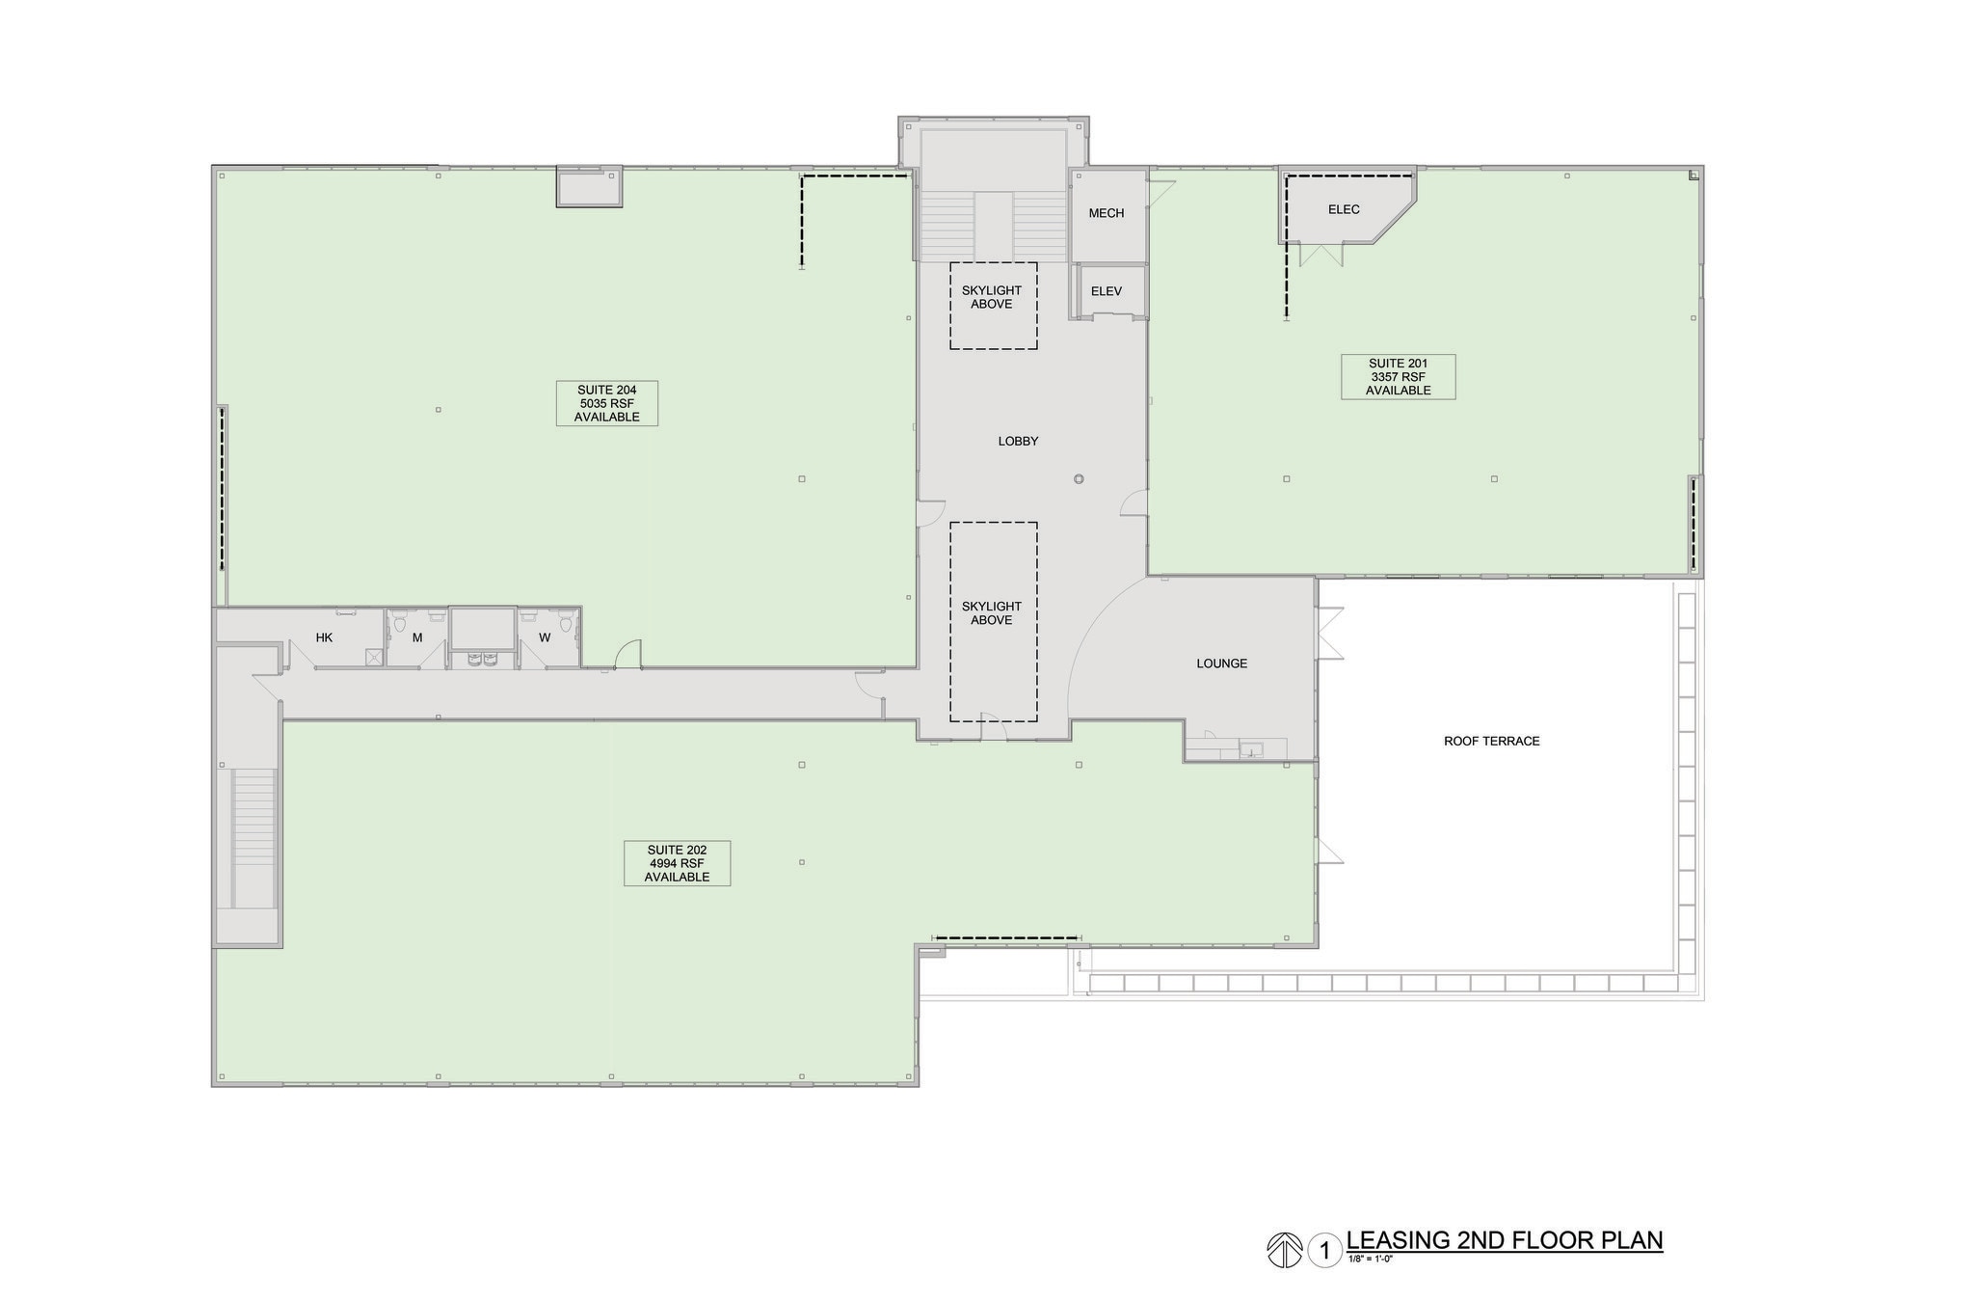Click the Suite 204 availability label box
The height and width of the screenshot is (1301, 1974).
pyautogui.click(x=606, y=403)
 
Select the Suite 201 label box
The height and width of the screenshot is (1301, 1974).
pyautogui.click(x=1398, y=377)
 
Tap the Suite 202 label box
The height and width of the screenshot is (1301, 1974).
pyautogui.click(x=677, y=863)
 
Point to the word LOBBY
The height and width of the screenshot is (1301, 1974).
pyautogui.click(x=1018, y=442)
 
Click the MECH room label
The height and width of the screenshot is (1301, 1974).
pyautogui.click(x=1107, y=213)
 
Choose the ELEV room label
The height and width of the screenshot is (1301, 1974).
pyautogui.click(x=1107, y=291)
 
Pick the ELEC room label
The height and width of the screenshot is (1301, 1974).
pyautogui.click(x=1344, y=209)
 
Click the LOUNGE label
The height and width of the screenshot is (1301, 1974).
pyautogui.click(x=1221, y=664)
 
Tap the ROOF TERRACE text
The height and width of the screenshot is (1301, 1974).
pyautogui.click(x=1491, y=742)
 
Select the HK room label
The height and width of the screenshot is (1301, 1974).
pyautogui.click(x=324, y=637)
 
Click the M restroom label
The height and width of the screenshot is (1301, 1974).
pyautogui.click(x=417, y=637)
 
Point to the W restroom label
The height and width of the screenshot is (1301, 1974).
pyautogui.click(x=545, y=637)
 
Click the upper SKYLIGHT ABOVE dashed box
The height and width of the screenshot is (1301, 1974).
pyautogui.click(x=993, y=305)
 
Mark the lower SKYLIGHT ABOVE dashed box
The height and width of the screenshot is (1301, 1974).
pyautogui.click(x=993, y=621)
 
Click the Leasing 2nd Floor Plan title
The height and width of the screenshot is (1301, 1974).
pyautogui.click(x=1504, y=1240)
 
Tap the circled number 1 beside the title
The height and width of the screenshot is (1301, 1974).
pyautogui.click(x=1325, y=1251)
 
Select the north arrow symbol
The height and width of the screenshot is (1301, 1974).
pyautogui.click(x=1284, y=1251)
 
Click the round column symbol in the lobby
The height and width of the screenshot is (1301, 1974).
pyautogui.click(x=1079, y=479)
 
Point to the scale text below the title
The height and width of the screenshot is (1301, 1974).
pyautogui.click(x=1370, y=1259)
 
